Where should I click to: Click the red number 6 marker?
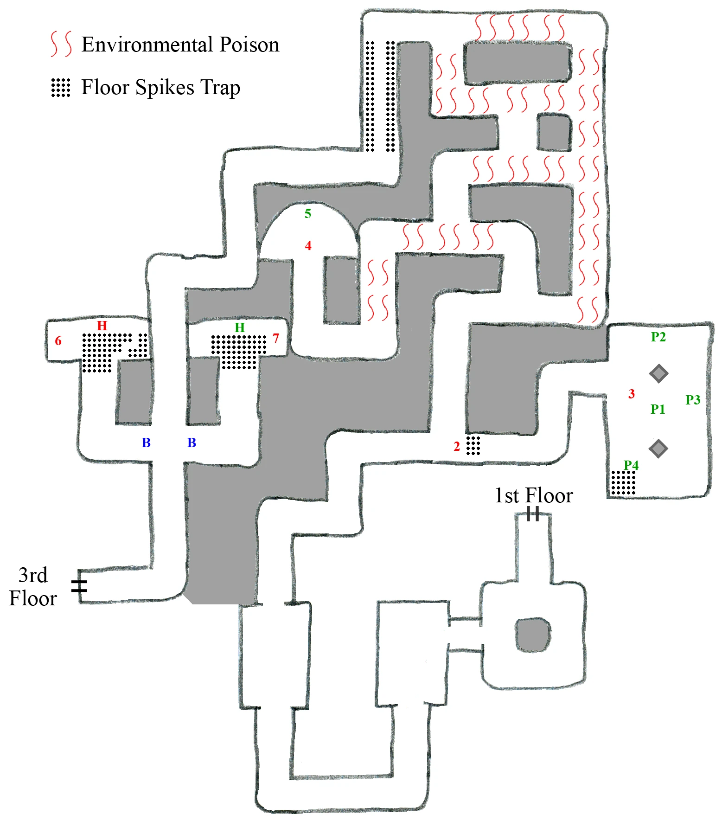58,341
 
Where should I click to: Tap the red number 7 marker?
276,338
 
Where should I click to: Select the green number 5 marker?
308,214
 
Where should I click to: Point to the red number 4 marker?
308,246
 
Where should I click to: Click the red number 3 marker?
631,394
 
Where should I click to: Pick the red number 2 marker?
457,447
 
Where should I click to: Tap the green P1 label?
658,409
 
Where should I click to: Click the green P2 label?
658,337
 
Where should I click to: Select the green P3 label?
693,400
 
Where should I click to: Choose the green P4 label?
631,465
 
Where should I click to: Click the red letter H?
102,326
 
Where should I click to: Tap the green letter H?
239,327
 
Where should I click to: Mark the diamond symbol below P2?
658,373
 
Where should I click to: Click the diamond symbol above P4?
658,449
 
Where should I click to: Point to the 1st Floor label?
533,496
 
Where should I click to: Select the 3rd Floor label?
33,587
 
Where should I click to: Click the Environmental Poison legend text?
180,45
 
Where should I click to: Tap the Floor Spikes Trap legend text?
160,87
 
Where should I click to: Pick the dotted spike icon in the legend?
61,87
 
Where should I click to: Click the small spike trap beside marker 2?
473,445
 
